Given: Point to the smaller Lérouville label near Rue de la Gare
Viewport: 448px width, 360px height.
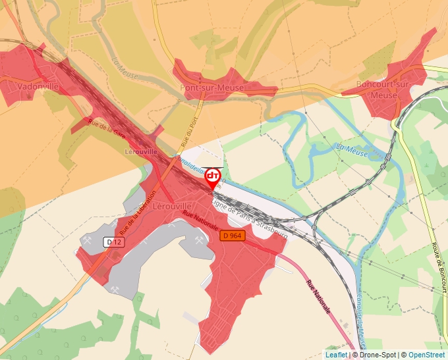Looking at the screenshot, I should click(x=141, y=151).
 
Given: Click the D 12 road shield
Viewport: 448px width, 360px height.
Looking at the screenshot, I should click(x=114, y=243).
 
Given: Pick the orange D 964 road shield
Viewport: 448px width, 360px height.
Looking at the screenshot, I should click(x=231, y=236).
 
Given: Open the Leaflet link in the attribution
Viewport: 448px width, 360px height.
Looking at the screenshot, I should click(x=336, y=355).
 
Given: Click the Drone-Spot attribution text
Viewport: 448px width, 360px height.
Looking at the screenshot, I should click(x=378, y=355).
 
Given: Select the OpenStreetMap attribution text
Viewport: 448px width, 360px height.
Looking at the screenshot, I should click(x=426, y=355).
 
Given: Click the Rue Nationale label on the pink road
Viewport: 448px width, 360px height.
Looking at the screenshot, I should click(x=318, y=297).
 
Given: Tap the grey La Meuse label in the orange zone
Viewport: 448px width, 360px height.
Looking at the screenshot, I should click(x=125, y=66).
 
